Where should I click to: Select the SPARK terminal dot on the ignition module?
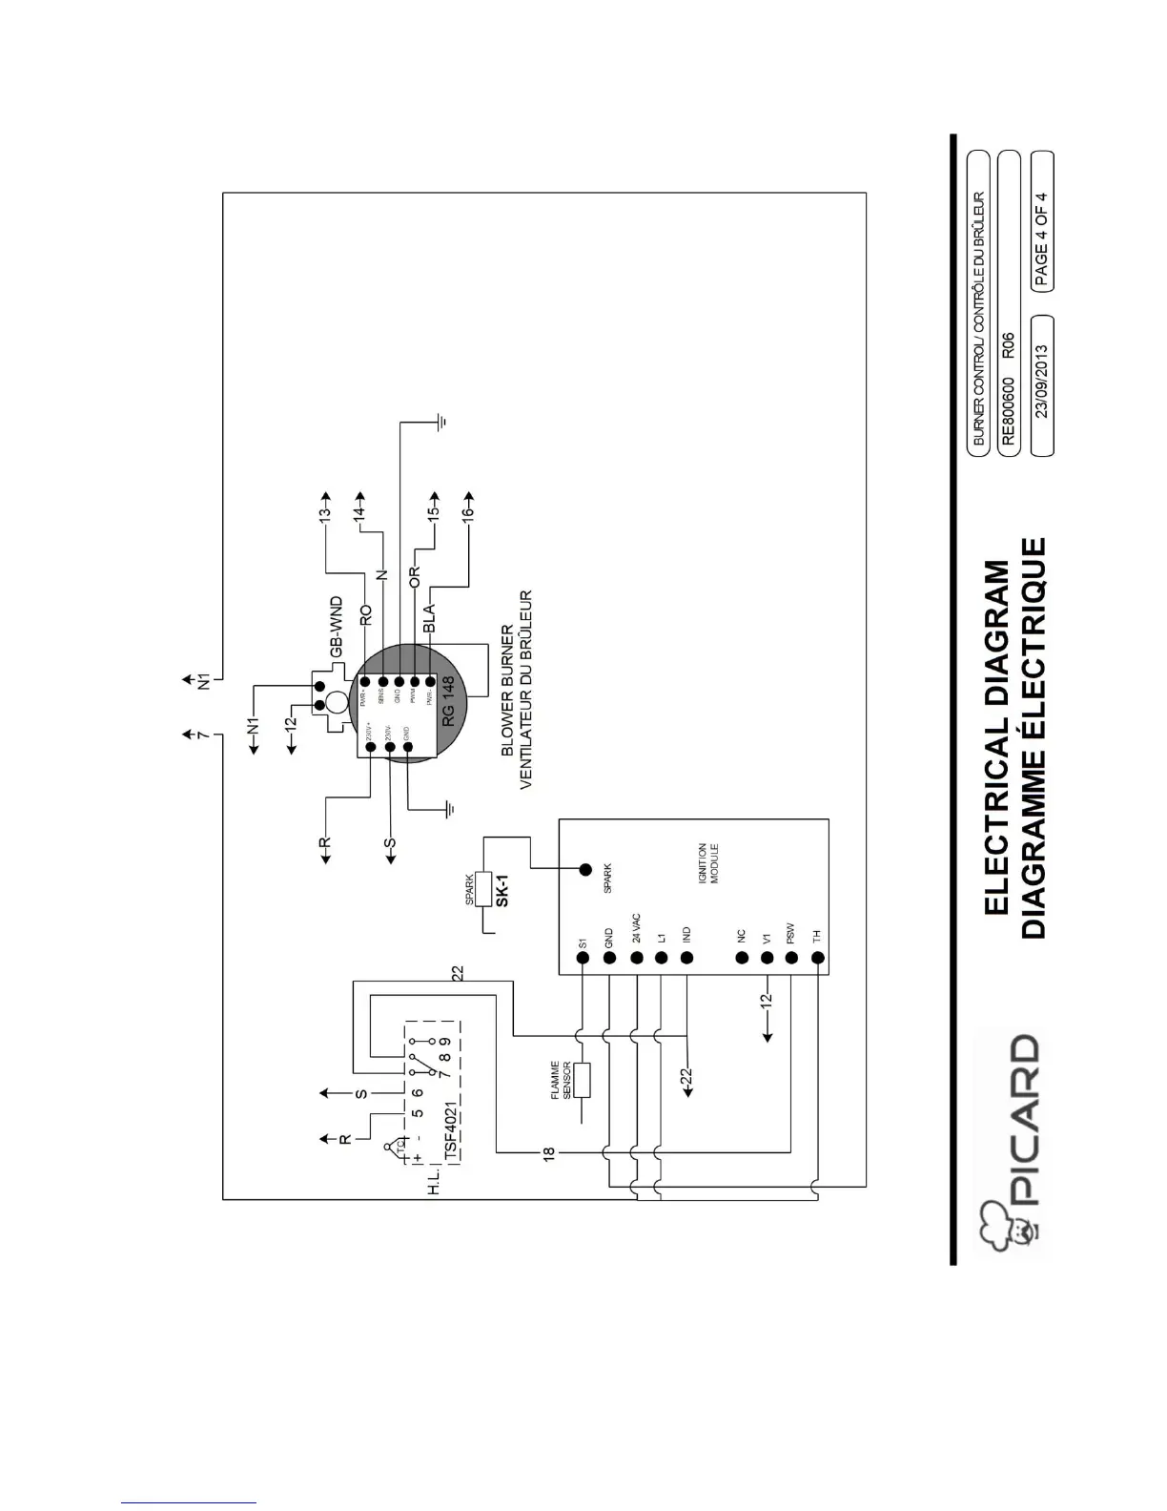585,869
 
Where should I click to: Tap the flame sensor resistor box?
583,1079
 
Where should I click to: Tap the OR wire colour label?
415,578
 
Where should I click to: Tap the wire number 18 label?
547,1153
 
